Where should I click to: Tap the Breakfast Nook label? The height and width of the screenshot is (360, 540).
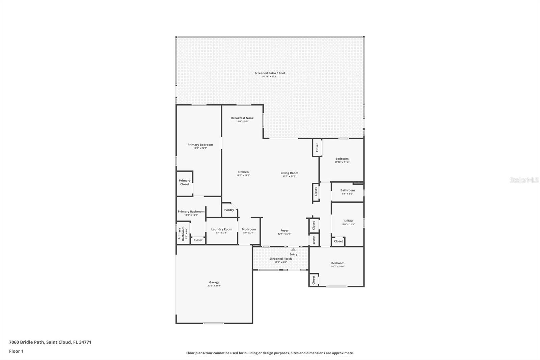[242, 118]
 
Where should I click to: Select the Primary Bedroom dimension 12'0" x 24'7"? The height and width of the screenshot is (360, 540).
[200, 148]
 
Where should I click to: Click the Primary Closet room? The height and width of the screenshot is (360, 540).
[185, 183]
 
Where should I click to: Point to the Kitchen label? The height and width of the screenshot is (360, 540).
[243, 172]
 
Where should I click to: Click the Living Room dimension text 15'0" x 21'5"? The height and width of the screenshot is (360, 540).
[289, 176]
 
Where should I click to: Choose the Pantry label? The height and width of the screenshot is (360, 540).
[229, 210]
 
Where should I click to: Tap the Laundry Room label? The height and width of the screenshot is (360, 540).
[222, 229]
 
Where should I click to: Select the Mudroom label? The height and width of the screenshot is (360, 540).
[249, 229]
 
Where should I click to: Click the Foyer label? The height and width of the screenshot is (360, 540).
[285, 230]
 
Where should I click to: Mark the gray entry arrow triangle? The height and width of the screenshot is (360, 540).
[293, 249]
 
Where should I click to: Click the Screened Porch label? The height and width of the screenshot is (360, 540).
[280, 259]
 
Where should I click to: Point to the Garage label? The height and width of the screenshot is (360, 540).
[214, 282]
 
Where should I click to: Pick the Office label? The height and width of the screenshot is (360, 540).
[348, 221]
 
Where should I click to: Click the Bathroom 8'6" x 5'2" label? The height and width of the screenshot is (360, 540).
[348, 190]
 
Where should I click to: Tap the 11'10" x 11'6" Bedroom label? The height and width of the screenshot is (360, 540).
[342, 159]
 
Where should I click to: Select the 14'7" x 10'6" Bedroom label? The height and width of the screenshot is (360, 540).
[337, 263]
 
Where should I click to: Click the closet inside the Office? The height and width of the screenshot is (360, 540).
[338, 241]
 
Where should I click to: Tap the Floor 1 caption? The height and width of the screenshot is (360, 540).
[16, 351]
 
